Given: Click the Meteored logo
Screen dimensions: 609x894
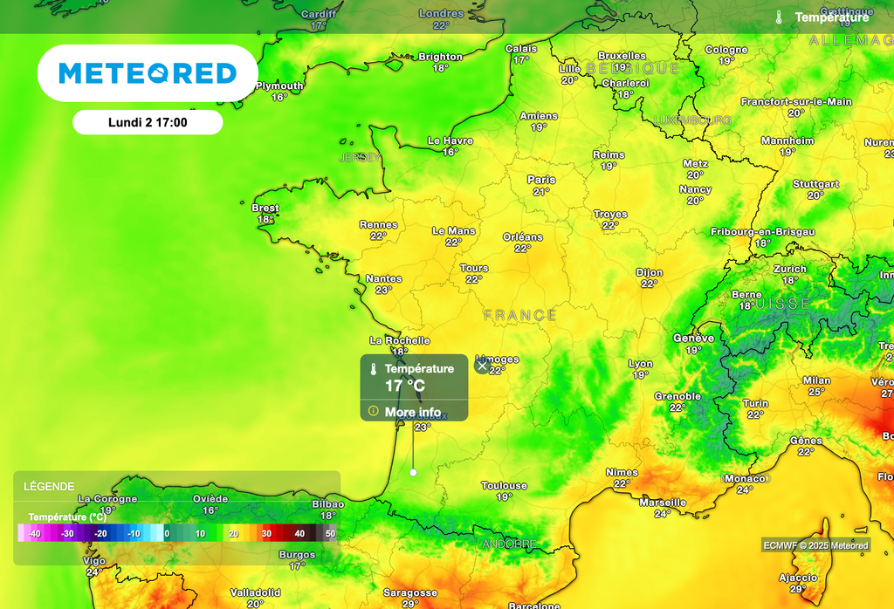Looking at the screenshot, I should click(x=148, y=73).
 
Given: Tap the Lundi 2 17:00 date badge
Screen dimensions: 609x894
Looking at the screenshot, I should click(x=148, y=122).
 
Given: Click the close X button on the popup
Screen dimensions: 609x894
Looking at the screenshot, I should click(x=482, y=366).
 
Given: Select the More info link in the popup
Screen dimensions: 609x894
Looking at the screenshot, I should click(x=412, y=412).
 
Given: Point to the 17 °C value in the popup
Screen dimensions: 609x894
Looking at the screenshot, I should click(x=405, y=385).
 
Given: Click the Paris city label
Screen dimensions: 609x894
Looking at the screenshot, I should click(x=541, y=180).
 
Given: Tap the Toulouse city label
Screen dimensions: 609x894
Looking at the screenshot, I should click(x=505, y=486).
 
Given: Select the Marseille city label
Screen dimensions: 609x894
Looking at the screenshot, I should click(x=662, y=503).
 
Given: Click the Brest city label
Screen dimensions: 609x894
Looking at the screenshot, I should click(x=265, y=208).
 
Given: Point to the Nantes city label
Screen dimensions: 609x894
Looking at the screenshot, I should click(x=383, y=279).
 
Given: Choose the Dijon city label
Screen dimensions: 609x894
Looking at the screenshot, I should click(x=649, y=272).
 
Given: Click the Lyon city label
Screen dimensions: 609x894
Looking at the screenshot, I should click(x=640, y=364).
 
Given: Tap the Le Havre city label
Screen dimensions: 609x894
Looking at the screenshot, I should click(x=450, y=140).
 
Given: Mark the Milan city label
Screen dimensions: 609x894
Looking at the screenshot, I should click(x=816, y=380).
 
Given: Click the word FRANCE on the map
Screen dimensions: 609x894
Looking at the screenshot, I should click(x=519, y=315).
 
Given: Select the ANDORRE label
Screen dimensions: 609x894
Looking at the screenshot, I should click(x=509, y=544).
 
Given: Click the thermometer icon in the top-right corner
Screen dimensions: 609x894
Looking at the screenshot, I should click(x=779, y=17).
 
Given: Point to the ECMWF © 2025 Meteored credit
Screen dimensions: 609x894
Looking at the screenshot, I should click(x=815, y=545).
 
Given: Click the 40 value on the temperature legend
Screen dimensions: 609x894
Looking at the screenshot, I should click(x=299, y=533).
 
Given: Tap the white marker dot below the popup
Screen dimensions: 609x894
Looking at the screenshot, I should click(x=413, y=472).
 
